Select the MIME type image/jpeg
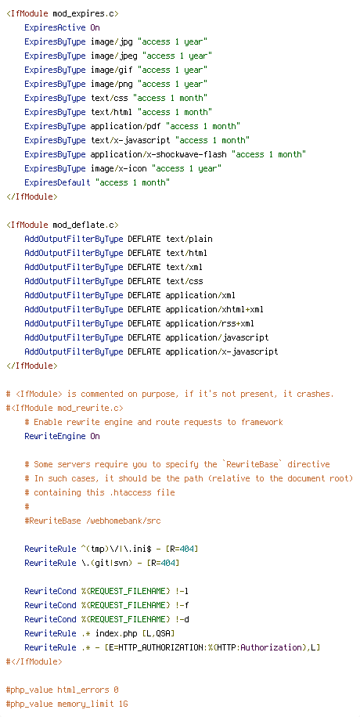114,56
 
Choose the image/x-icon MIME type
118,169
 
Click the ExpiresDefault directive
57,183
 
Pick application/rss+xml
210,324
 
